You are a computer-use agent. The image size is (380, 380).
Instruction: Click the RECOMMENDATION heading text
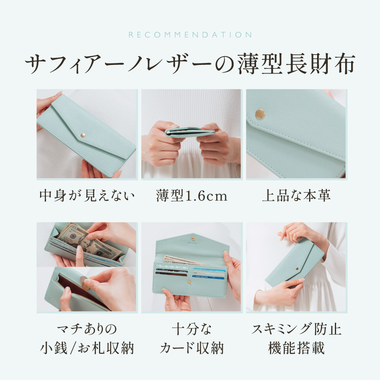(x=190, y=35)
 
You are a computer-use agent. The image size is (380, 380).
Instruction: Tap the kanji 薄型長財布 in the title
(x=296, y=64)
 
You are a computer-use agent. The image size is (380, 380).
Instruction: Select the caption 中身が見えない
(x=87, y=195)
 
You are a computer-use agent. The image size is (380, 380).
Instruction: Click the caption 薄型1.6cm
(x=192, y=196)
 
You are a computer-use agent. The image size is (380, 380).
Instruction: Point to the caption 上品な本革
(x=296, y=195)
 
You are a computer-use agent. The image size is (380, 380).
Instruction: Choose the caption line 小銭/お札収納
(x=87, y=348)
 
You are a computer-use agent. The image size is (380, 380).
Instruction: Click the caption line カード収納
(x=192, y=348)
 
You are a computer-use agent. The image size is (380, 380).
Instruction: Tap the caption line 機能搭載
(x=296, y=348)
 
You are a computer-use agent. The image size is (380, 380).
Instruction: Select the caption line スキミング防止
(x=296, y=329)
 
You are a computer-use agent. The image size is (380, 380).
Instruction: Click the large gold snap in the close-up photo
(x=260, y=114)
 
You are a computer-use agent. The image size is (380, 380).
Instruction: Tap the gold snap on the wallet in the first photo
(x=83, y=135)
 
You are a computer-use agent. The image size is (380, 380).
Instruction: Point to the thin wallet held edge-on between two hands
(x=190, y=132)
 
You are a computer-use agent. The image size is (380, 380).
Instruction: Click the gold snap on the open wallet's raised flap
(x=193, y=238)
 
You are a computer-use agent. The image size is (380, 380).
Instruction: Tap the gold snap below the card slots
(x=190, y=282)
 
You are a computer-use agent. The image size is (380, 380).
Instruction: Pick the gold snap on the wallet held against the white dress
(x=297, y=268)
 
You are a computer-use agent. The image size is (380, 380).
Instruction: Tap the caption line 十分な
(x=192, y=329)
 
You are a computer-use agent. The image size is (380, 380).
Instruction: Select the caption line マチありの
(x=87, y=329)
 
